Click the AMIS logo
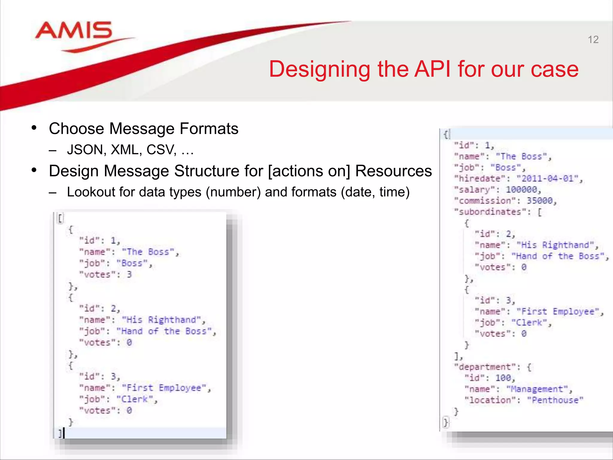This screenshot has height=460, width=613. click(74, 31)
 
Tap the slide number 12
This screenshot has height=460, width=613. click(593, 40)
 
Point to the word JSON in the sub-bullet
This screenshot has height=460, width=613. click(85, 150)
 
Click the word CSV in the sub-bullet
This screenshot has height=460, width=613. click(161, 150)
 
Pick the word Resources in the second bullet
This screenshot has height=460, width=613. click(393, 171)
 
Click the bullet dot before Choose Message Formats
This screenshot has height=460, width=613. click(34, 128)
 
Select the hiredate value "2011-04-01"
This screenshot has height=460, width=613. click(549, 179)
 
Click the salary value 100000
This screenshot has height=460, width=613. click(521, 190)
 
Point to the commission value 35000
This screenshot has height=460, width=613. click(539, 201)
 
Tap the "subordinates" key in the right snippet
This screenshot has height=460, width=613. click(490, 212)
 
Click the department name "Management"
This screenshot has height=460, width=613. click(537, 389)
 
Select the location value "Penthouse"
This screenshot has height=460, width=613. click(555, 400)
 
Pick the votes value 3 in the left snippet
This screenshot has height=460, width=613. click(129, 275)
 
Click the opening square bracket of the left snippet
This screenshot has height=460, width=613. click(60, 218)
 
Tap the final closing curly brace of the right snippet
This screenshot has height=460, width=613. click(446, 423)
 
